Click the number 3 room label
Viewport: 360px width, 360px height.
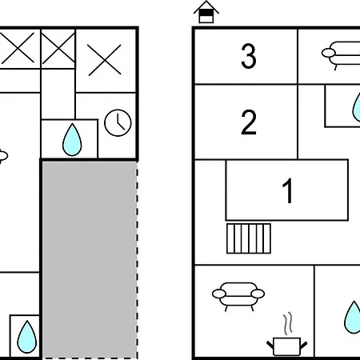(249, 56)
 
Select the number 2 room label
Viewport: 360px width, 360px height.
(249, 122)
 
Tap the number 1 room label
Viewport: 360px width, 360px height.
(288, 190)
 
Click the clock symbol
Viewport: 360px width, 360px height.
(118, 122)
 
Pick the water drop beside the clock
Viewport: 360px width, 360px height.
(72, 140)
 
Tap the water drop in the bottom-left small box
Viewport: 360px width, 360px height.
(26, 337)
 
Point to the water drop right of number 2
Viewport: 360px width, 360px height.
(357, 106)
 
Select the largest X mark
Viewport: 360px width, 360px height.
(104, 60)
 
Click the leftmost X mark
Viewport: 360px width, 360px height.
(18, 48)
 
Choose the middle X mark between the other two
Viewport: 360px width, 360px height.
(58, 48)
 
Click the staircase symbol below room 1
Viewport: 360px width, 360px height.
(249, 238)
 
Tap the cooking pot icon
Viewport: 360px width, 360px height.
(287, 346)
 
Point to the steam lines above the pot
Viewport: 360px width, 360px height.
(287, 323)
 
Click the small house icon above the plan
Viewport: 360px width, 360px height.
(206, 12)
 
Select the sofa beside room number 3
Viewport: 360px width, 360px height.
(341, 55)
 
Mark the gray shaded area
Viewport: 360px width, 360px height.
(90, 259)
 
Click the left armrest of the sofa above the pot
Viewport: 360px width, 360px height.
(219, 294)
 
